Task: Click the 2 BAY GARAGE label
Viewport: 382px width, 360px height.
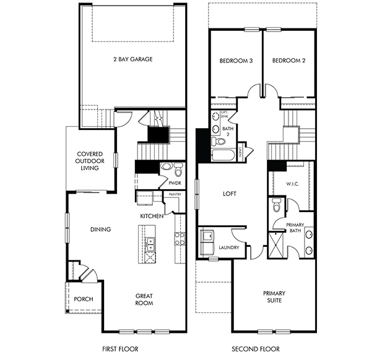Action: coord(132,59)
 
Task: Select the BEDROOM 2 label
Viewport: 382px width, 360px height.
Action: coord(289,61)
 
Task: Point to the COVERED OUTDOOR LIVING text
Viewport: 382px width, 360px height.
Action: coord(89,161)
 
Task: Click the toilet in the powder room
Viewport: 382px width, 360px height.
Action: coord(178,169)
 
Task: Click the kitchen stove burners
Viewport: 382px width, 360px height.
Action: coord(180,238)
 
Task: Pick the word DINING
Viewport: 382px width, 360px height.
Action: coord(100,229)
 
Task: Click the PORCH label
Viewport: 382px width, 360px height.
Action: coord(83,299)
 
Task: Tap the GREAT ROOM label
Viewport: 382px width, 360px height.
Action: coord(144,299)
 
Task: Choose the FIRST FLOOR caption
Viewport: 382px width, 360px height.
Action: coord(119,349)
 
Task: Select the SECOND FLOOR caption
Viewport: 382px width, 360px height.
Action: coord(256,349)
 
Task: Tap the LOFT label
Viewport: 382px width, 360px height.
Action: coord(230,194)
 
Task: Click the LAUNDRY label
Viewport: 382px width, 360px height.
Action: coord(228,248)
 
